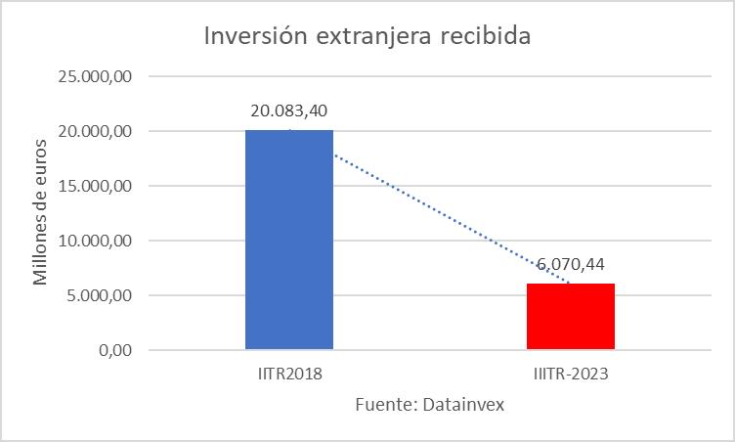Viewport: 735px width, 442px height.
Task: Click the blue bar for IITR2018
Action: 289,240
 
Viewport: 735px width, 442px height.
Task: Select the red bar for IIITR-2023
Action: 571,316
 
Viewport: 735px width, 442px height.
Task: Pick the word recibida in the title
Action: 487,37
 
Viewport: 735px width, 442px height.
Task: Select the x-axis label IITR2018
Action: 289,375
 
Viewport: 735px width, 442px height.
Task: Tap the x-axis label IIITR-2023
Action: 571,375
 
